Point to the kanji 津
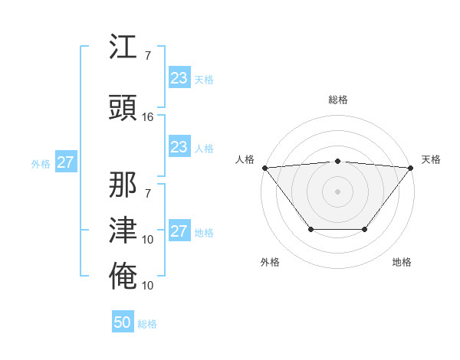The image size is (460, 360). (123, 230)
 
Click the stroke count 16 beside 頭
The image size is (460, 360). (148, 117)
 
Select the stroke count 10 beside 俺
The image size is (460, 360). (148, 286)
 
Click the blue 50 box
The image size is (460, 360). (123, 322)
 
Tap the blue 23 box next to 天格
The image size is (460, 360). (179, 78)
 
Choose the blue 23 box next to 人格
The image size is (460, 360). (179, 147)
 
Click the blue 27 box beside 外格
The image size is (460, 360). (65, 162)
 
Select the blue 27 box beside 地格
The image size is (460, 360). (179, 231)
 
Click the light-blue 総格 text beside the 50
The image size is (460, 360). (147, 324)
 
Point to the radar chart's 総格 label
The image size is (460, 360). (337, 100)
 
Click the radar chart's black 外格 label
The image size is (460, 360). (270, 262)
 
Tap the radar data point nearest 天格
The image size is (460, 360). (411, 167)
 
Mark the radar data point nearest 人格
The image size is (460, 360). (264, 167)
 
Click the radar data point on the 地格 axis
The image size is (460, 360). (365, 229)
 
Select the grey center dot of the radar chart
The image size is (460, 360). (337, 191)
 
